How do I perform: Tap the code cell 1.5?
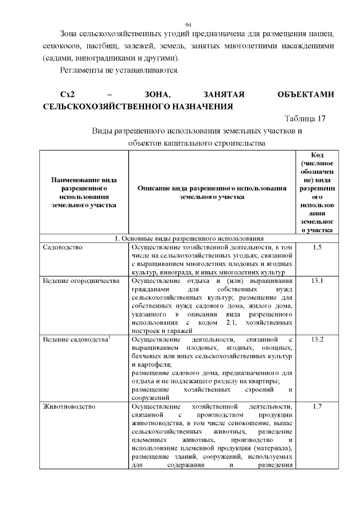pyautogui.click(x=317, y=247)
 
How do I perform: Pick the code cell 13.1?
pyautogui.click(x=317, y=281)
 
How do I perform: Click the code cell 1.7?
pyautogui.click(x=317, y=407)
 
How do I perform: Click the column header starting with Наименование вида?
pyautogui.click(x=84, y=192)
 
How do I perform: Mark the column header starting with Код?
pyautogui.click(x=317, y=192)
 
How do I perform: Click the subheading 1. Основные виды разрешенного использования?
pyautogui.click(x=189, y=238)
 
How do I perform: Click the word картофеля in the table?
pyautogui.click(x=147, y=364)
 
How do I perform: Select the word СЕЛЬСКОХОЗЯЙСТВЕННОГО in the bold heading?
pyautogui.click(x=103, y=106)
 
